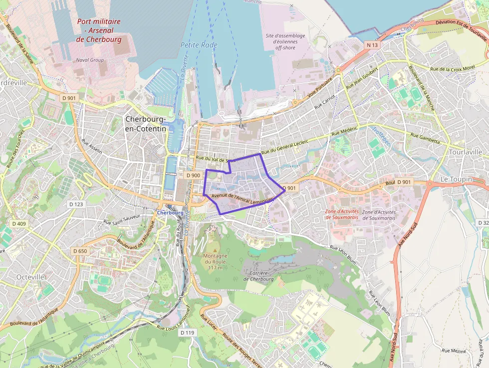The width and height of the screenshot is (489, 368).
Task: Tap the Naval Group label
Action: (x=90, y=60)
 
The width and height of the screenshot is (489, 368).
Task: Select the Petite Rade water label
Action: (x=199, y=45)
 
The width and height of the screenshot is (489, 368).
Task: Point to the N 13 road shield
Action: (x=372, y=45)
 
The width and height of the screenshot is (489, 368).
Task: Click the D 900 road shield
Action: (x=193, y=175)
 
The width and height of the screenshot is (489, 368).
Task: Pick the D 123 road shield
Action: (x=76, y=204)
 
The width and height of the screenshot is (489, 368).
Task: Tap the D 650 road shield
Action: (x=79, y=251)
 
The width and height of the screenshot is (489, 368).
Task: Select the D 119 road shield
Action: (x=187, y=333)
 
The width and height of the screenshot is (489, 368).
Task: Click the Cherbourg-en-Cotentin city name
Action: (x=146, y=124)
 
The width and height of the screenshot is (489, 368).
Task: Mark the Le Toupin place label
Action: (x=456, y=179)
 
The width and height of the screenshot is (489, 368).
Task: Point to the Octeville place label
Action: (x=30, y=277)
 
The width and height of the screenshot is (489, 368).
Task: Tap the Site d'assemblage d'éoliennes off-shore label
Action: (x=285, y=42)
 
